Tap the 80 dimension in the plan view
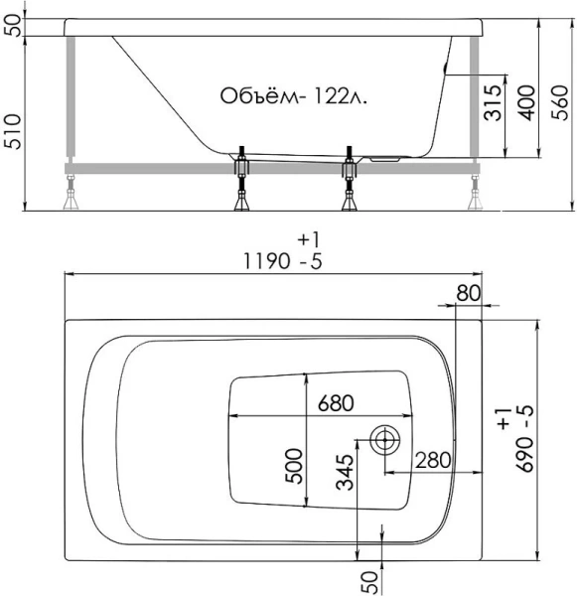469,293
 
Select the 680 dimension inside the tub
336,404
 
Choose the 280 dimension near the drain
433,460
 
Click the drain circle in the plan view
383,439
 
